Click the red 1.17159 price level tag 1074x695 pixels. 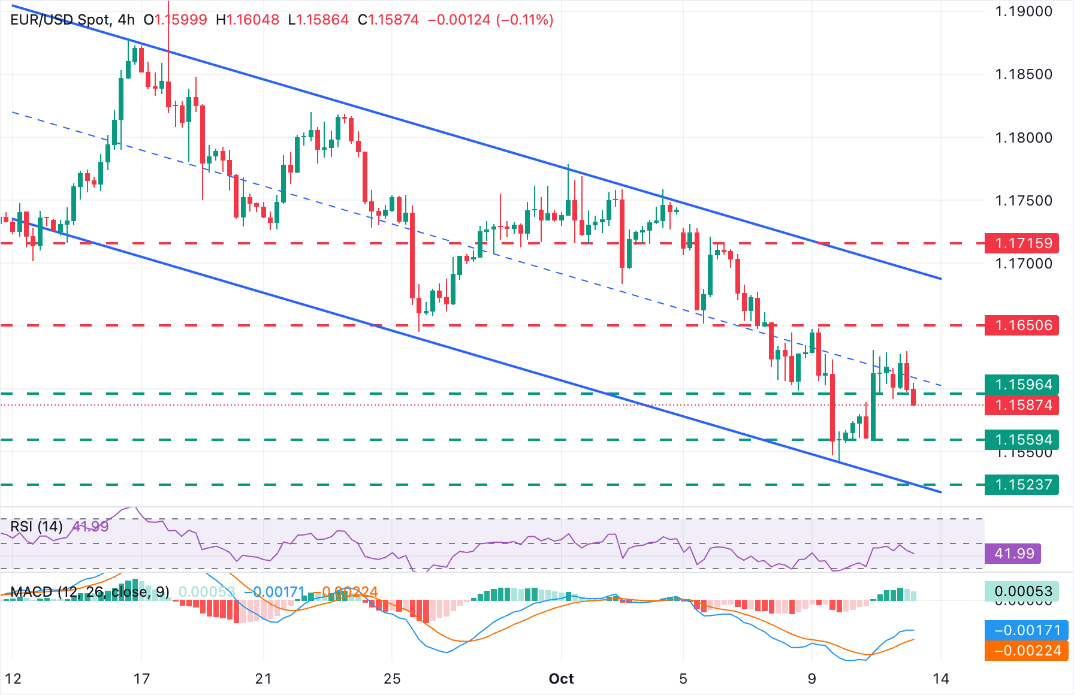tap(1022, 243)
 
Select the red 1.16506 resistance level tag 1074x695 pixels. tap(1022, 325)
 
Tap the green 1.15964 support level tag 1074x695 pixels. tap(1022, 385)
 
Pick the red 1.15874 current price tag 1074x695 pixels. tap(1022, 405)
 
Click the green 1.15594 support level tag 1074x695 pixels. tap(1022, 440)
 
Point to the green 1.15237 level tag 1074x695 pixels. tap(1022, 484)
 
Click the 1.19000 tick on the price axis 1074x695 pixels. tap(1023, 11)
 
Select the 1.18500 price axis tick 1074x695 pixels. tap(1023, 74)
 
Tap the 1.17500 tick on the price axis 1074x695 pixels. tap(1023, 200)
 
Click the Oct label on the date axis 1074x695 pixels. tap(562, 679)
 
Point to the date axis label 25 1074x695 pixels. tap(392, 679)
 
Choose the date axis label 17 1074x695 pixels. tap(141, 679)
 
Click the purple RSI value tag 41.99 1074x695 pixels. tap(1013, 553)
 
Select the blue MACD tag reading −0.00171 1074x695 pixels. tap(1027, 630)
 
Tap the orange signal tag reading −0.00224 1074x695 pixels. tap(1027, 651)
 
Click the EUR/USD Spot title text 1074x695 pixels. tap(60, 20)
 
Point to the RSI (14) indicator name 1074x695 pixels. tap(37, 527)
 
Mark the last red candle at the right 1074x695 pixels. tap(913, 397)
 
